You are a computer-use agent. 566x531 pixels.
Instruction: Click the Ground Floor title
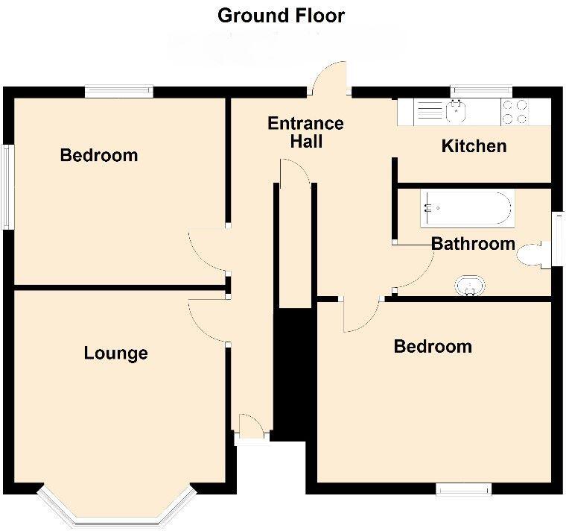(x=281, y=16)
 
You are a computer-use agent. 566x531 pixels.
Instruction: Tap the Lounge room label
(x=115, y=354)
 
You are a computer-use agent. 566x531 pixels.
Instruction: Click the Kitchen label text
(x=474, y=146)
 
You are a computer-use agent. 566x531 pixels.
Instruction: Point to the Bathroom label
(x=473, y=244)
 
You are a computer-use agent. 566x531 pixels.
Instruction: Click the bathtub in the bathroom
(x=466, y=208)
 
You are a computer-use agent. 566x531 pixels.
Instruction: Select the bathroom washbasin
(x=470, y=285)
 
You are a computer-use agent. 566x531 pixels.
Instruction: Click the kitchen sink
(x=455, y=112)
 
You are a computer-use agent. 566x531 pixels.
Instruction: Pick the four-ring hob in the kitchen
(x=514, y=112)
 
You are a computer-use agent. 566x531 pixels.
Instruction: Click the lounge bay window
(x=117, y=511)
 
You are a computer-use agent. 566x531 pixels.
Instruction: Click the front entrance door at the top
(x=329, y=79)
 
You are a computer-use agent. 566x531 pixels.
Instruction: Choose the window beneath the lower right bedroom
(x=464, y=489)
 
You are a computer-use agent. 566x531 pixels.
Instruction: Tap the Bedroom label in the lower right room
(x=433, y=347)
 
